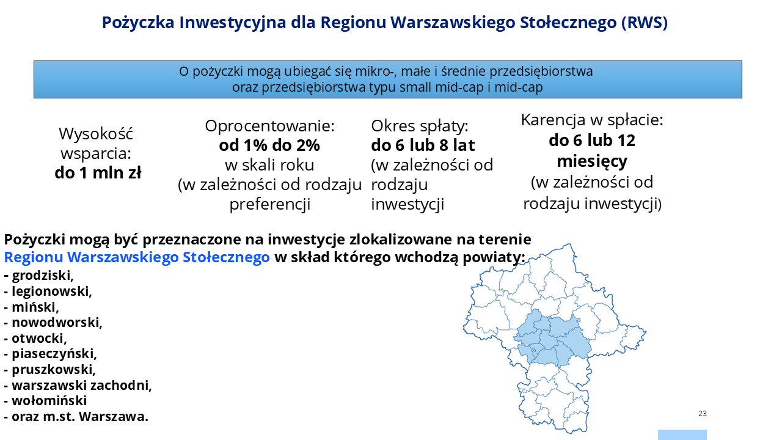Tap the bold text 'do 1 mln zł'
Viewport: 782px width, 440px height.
[x=98, y=173]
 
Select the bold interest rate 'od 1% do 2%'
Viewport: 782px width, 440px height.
[x=269, y=145]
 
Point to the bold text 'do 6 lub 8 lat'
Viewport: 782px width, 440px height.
[x=423, y=145]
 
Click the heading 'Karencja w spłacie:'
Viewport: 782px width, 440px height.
[x=592, y=120]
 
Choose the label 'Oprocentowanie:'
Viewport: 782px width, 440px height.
[x=269, y=126]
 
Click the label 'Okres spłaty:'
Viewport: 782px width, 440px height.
[x=420, y=126]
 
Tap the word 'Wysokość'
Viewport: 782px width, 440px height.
[x=96, y=134]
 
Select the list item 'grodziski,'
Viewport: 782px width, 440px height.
[x=43, y=276]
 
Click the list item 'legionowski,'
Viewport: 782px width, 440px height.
[x=52, y=291]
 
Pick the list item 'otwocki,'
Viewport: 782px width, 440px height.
[x=40, y=338]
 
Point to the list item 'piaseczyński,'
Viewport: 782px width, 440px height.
[x=54, y=354]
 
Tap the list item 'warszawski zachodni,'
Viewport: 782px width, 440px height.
[x=82, y=385]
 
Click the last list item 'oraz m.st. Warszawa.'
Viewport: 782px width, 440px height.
[x=80, y=417]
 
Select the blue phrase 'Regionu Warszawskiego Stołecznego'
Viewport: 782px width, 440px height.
[x=137, y=257]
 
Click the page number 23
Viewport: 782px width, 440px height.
[x=703, y=414]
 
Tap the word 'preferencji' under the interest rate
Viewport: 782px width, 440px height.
[x=270, y=204]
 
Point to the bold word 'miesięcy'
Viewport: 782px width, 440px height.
[x=592, y=161]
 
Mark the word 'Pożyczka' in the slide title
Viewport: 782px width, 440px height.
[x=138, y=23]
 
